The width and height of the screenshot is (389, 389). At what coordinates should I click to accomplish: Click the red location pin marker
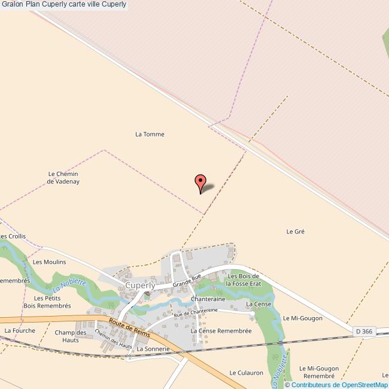[x=201, y=182]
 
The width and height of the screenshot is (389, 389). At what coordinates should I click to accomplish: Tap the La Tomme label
[x=150, y=134]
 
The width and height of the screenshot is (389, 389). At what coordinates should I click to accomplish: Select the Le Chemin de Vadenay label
[x=63, y=177]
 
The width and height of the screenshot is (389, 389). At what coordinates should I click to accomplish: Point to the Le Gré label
[x=296, y=231]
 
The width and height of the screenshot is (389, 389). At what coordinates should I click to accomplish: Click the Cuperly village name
[x=140, y=285]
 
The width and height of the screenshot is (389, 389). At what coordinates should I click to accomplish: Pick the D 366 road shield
[x=363, y=330]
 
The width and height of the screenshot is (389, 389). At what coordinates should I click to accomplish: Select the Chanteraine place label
[x=208, y=299]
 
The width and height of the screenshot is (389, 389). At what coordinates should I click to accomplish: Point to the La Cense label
[x=259, y=304]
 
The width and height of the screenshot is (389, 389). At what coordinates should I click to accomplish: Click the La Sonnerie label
[x=153, y=348]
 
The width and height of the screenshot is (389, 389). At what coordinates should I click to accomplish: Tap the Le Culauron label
[x=246, y=372]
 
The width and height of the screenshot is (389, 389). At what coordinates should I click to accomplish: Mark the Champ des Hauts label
[x=71, y=336]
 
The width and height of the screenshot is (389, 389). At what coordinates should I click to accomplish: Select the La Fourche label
[x=20, y=330]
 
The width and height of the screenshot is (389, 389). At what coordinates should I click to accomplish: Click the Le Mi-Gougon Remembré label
[x=319, y=372]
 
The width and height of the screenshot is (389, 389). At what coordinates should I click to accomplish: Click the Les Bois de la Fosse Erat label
[x=244, y=279]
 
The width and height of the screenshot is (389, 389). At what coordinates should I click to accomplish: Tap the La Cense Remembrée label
[x=221, y=330]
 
